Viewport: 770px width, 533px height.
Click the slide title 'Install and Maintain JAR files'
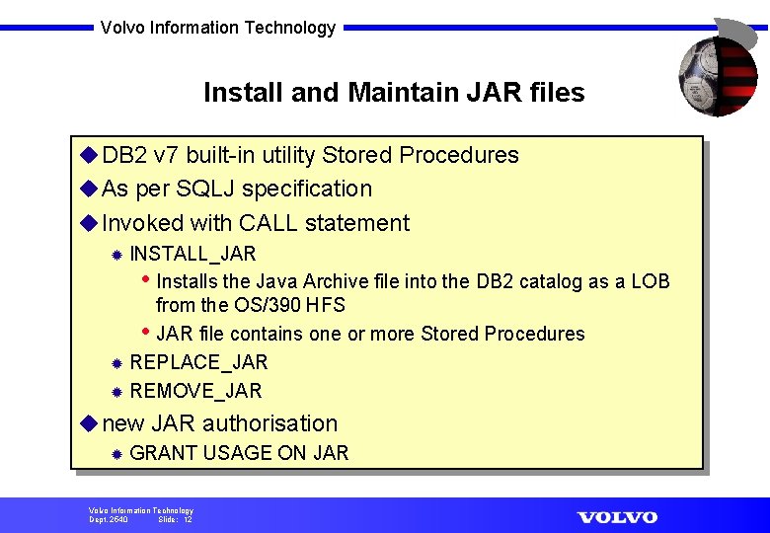coord(394,93)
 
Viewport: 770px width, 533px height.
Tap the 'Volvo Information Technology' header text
coord(218,28)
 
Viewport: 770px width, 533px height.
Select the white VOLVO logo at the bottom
coord(617,517)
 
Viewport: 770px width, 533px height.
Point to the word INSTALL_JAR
coord(192,254)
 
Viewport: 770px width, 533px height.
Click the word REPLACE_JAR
coord(198,362)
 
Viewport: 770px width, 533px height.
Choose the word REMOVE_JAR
coord(195,391)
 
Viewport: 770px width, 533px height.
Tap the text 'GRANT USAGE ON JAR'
coord(239,453)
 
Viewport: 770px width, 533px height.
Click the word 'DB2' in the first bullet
coord(125,155)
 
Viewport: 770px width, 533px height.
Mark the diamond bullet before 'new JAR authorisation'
coord(88,423)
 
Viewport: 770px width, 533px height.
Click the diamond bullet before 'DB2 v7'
coord(88,155)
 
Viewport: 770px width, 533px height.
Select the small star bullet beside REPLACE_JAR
coord(115,363)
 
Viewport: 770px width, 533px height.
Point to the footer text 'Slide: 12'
coord(175,519)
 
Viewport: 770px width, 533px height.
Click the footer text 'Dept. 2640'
coord(109,519)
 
